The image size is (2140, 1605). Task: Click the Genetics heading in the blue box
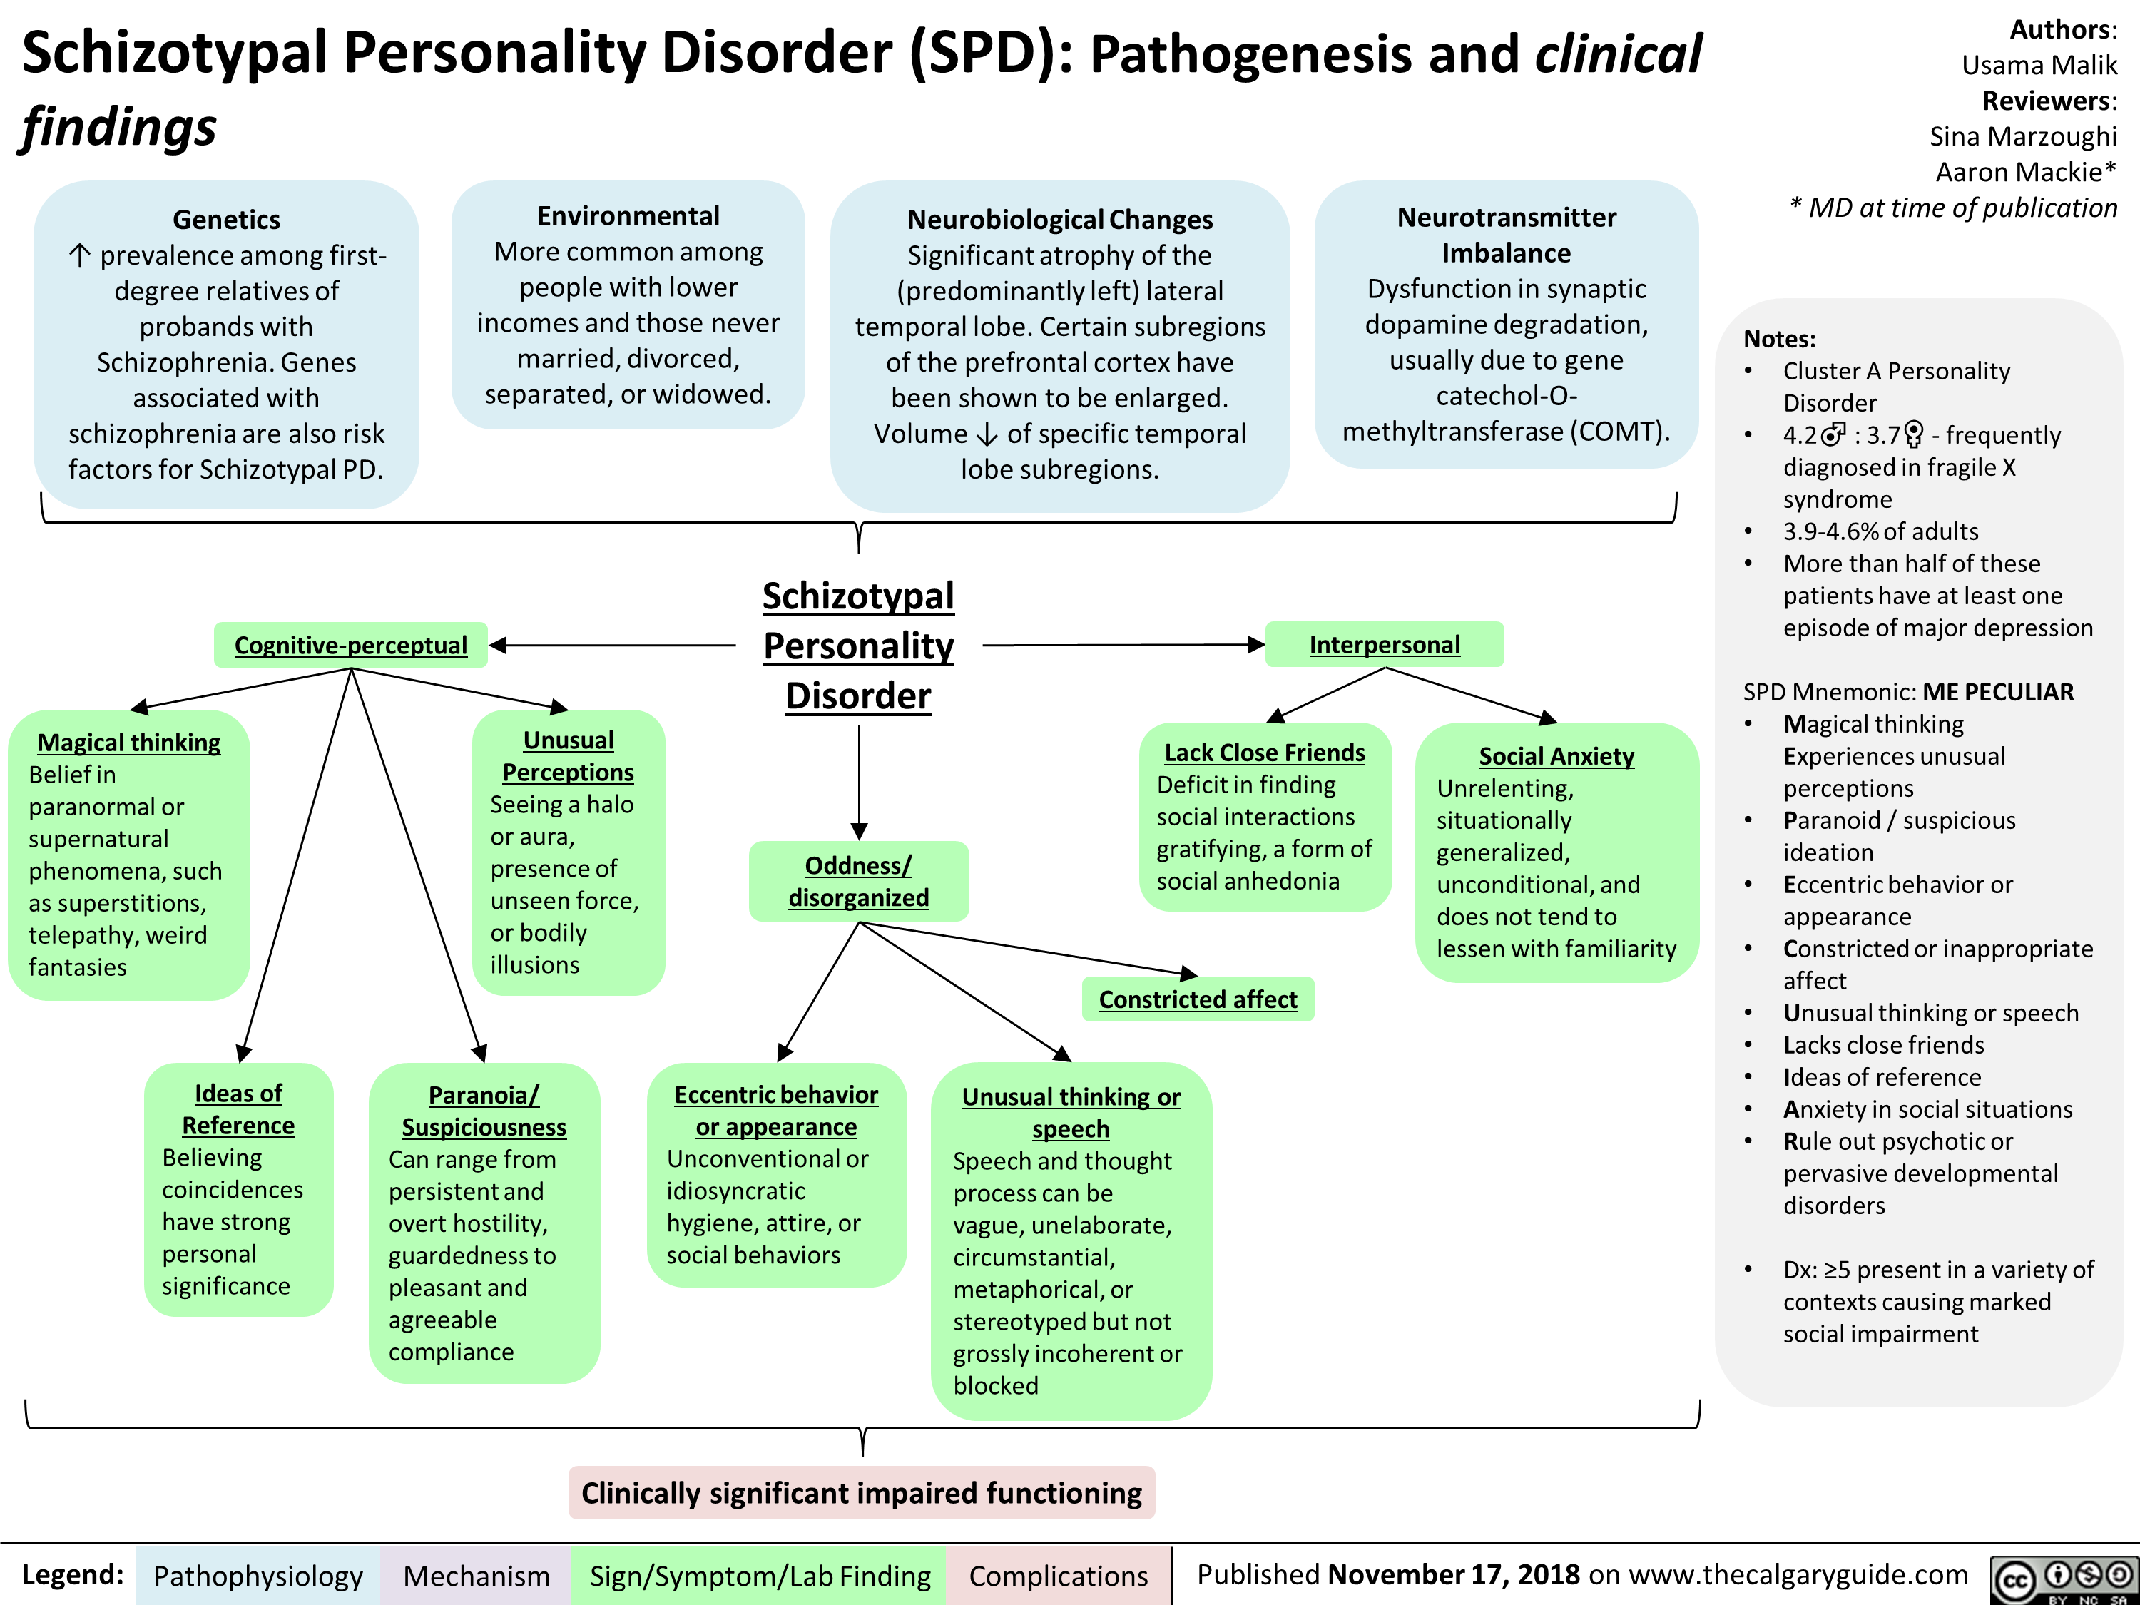(226, 220)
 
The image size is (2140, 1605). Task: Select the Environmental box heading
(628, 215)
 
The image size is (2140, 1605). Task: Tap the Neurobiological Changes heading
(1059, 220)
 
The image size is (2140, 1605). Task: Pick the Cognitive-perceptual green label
(350, 646)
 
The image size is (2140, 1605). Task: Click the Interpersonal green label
(1385, 644)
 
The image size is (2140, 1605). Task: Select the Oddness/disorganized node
(858, 882)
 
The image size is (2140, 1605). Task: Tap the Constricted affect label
(1198, 999)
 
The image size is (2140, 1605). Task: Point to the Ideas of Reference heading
(238, 1109)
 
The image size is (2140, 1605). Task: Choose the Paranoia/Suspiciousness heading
(484, 1111)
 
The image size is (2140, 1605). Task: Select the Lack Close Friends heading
(1265, 753)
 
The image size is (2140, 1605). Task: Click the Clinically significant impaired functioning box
(861, 1493)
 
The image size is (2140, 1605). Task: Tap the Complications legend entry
(1059, 1576)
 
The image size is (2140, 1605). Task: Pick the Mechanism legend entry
(476, 1576)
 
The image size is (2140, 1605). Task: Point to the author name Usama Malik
(2039, 65)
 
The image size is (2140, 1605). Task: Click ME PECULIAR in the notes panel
(1998, 692)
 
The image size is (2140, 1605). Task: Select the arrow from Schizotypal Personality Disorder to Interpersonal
(1122, 644)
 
